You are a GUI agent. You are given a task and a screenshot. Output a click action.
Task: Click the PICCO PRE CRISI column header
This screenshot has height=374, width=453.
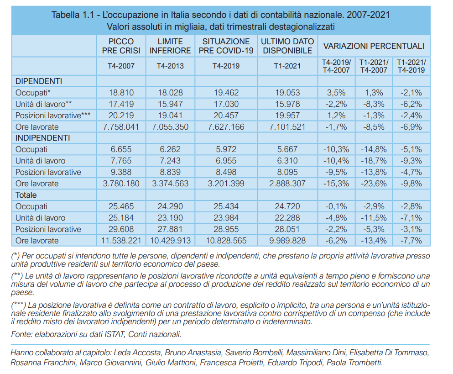coord(121,46)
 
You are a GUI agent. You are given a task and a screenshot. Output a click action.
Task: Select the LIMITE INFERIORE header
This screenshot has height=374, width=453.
coord(170,46)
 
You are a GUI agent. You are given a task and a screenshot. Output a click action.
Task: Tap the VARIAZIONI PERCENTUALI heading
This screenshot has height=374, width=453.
coord(374,46)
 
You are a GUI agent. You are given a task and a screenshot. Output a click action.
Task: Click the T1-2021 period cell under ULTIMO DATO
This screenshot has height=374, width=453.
coord(287,66)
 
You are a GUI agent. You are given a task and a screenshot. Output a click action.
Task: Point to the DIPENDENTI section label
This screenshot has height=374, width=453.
coord(39,81)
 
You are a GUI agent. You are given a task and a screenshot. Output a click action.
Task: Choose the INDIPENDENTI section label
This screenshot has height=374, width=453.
coord(43,138)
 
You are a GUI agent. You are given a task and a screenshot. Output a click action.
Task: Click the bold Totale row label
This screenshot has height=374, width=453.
coord(26,195)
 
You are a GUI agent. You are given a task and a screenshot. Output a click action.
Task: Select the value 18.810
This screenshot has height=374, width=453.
coord(121,93)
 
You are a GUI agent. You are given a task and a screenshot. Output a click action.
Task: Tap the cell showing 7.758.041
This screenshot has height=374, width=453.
coord(121,126)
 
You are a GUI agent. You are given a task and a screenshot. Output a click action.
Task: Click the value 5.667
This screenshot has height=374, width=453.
coord(287,149)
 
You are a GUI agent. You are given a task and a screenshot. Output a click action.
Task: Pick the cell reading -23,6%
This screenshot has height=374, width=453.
coord(374,184)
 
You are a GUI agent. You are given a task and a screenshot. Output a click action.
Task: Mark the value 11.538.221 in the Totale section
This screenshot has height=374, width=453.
coord(121,240)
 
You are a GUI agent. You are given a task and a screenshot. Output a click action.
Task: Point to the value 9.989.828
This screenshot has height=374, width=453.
coord(287,240)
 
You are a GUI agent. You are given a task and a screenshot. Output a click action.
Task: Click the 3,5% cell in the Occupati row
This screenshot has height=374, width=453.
coord(336,93)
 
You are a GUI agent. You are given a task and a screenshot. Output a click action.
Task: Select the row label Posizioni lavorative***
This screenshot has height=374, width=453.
coord(53,116)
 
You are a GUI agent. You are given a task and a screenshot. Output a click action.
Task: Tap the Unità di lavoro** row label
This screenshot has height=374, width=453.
coord(44,104)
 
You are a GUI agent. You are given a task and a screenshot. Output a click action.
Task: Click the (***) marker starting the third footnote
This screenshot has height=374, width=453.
coord(19,305)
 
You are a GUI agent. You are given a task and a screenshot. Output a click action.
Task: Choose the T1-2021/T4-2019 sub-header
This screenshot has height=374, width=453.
coord(411,66)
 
